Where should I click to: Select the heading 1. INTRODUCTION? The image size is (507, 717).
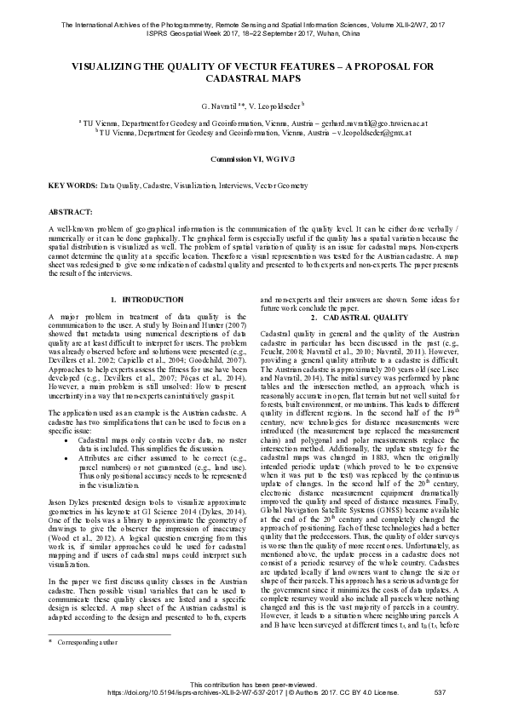tap(142, 300)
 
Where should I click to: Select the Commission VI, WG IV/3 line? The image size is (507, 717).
tap(253, 159)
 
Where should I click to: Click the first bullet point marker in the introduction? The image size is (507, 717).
tap(67, 437)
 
